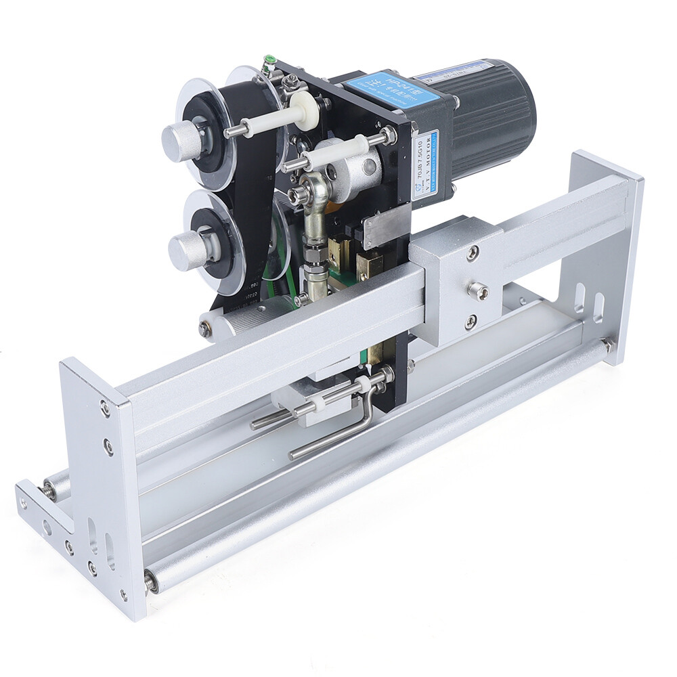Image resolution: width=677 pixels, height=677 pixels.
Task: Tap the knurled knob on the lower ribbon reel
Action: (x=186, y=250)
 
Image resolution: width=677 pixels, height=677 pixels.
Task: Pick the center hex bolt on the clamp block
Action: (x=478, y=291)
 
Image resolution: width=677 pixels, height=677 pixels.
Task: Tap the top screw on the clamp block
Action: (x=472, y=253)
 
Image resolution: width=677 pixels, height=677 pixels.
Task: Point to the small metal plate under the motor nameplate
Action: (x=386, y=230)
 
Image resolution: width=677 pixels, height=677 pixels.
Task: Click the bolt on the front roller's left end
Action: (x=150, y=580)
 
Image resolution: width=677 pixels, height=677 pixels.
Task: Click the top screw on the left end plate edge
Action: (x=105, y=408)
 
